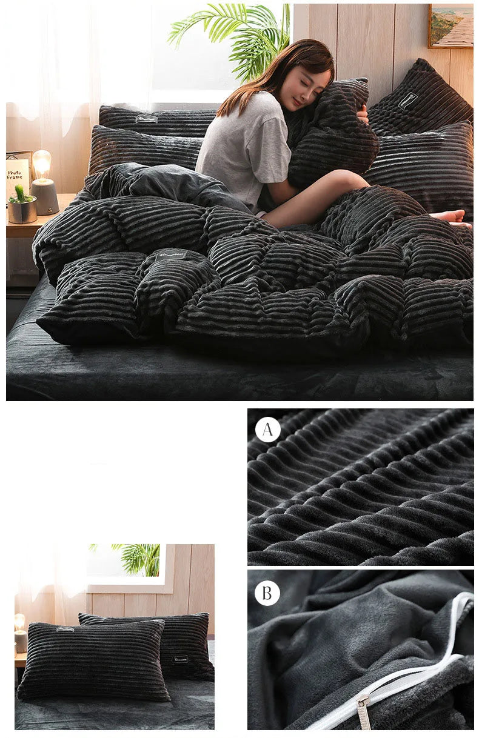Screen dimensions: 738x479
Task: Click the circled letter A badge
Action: pos(267,430)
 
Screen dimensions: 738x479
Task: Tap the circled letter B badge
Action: pos(267,593)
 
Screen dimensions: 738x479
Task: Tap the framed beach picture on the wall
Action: pos(450,25)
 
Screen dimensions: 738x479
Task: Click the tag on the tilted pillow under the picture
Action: pos(407,100)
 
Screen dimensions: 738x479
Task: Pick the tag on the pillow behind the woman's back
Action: pos(147,119)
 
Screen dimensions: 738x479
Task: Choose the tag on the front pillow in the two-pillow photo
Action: pos(65,630)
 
